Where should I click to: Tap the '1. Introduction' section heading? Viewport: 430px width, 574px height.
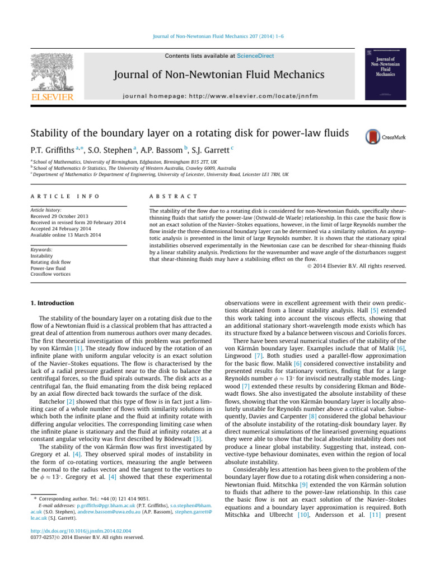pos(52,303)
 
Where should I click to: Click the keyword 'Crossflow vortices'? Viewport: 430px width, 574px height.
pos(52,274)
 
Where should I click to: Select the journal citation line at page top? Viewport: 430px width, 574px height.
pos(214,38)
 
